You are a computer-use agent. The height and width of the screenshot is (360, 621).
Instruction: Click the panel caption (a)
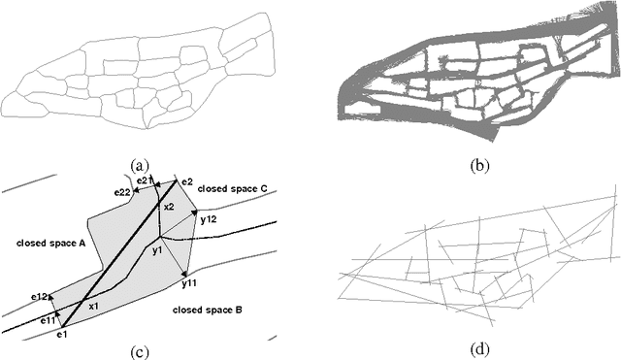pos(150,166)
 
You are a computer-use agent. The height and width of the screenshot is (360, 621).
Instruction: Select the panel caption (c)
pos(149,350)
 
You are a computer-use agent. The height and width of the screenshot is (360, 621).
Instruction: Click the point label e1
pos(62,335)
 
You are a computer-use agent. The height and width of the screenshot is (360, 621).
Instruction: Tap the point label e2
pos(187,182)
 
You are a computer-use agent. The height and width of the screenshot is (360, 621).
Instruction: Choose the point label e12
pos(39,295)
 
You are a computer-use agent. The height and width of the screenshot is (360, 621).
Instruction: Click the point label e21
pos(143,180)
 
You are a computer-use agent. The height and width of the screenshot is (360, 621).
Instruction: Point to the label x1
pos(93,306)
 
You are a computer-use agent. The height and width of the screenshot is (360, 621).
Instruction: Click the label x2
pos(169,207)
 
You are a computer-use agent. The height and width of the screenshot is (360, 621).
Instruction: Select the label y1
pos(155,251)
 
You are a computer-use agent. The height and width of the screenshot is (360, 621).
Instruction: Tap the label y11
pos(189,284)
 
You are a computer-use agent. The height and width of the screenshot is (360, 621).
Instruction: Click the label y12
pos(208,220)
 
